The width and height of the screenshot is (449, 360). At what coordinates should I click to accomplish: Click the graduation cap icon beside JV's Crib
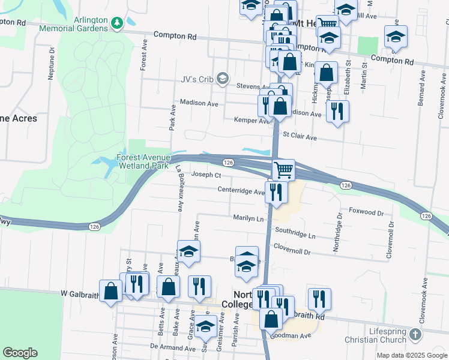(223, 78)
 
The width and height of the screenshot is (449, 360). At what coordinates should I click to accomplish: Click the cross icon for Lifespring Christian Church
(415, 334)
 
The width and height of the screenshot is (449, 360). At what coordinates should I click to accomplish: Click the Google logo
(20, 353)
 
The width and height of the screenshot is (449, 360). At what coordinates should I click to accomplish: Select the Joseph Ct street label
(207, 175)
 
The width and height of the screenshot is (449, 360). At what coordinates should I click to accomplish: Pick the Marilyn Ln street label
(249, 219)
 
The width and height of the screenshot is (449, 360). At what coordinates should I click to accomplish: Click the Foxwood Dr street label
(366, 212)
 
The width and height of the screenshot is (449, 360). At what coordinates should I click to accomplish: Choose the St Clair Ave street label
(300, 137)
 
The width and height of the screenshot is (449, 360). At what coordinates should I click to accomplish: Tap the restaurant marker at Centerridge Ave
(276, 192)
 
